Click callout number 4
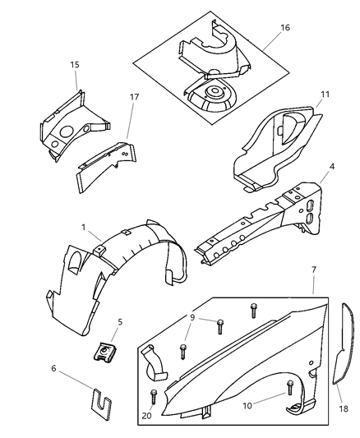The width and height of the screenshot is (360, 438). (331, 167)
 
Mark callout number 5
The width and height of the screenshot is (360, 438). (119, 323)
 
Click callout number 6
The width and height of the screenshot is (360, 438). (53, 368)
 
